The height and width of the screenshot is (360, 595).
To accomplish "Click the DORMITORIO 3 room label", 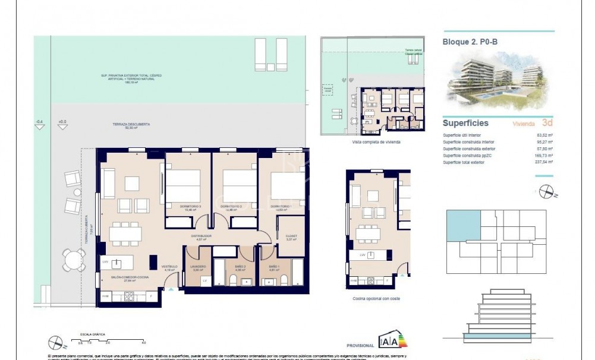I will (x=188, y=206).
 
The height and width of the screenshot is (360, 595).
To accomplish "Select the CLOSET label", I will (x=291, y=236).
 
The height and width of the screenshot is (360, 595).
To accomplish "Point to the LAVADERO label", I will (x=198, y=267).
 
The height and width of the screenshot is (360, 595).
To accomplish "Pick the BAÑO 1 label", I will (x=273, y=267).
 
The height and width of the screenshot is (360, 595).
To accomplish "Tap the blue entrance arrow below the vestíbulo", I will (x=171, y=289).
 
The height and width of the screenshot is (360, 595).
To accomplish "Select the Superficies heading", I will (x=465, y=124).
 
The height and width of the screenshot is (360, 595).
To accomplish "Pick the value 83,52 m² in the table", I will (x=545, y=135).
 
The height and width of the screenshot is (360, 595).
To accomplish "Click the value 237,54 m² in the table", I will (x=545, y=162).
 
